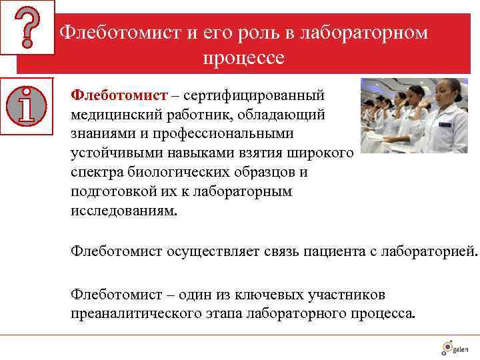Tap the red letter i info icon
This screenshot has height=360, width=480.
pyautogui.click(x=27, y=105)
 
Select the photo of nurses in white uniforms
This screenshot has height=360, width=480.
pyautogui.click(x=415, y=115)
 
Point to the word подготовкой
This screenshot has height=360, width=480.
pyautogui.click(x=113, y=191)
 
